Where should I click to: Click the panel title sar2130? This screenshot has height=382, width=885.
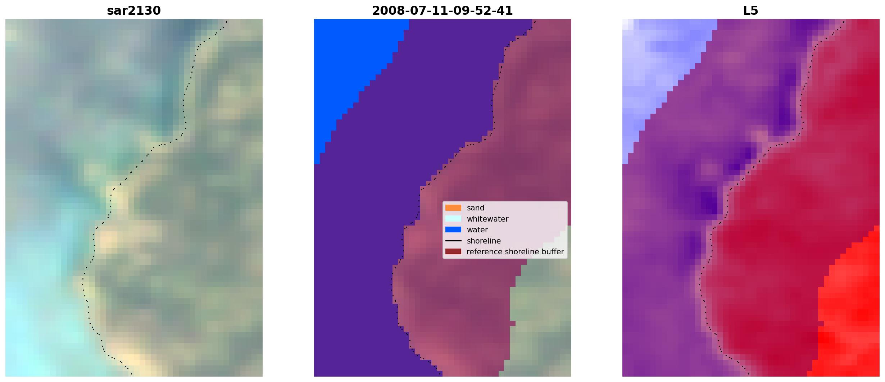(134, 10)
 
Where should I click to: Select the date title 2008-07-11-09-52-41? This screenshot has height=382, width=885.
(442, 10)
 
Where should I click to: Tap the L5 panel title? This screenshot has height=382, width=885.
(750, 10)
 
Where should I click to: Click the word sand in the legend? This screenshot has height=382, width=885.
(475, 208)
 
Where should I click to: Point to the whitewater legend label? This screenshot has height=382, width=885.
(487, 219)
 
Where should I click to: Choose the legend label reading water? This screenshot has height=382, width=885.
(477, 230)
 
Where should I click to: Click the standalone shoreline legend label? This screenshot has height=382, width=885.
(484, 241)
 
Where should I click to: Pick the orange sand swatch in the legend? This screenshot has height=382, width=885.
(453, 208)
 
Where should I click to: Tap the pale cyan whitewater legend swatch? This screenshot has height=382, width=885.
(453, 219)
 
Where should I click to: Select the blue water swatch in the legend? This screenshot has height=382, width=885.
(453, 229)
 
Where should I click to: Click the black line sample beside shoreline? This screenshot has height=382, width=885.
(453, 241)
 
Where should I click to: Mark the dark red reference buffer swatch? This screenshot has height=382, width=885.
(453, 251)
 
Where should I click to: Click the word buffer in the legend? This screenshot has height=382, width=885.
(553, 252)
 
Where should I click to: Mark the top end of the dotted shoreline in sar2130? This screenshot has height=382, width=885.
(227, 22)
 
